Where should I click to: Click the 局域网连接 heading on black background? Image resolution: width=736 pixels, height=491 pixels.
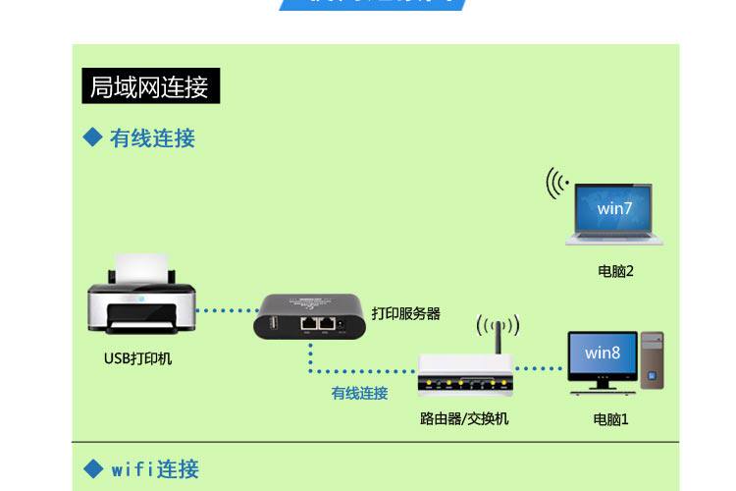pyautogui.click(x=150, y=86)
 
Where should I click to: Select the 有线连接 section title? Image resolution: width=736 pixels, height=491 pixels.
pyautogui.click(x=152, y=138)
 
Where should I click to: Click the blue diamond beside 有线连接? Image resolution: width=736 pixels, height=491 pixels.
pyautogui.click(x=93, y=137)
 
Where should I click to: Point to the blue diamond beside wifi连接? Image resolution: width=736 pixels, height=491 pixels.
pyautogui.click(x=93, y=468)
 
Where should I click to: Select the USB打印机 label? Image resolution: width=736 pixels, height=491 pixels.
pyautogui.click(x=138, y=358)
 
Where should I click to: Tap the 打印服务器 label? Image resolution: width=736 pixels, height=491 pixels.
pyautogui.click(x=405, y=314)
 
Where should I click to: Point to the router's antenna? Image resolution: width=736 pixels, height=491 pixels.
pyautogui.click(x=499, y=340)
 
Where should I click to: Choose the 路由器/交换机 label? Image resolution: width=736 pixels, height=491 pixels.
pyautogui.click(x=464, y=419)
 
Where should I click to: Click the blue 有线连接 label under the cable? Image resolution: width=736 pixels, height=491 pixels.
pyautogui.click(x=359, y=394)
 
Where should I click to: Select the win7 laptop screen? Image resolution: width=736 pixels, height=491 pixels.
pyautogui.click(x=614, y=208)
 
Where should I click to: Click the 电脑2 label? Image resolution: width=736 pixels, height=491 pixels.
pyautogui.click(x=615, y=271)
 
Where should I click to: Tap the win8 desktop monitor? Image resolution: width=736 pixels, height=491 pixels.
pyautogui.click(x=603, y=355)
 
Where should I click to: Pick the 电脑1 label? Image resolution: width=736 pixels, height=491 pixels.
pyautogui.click(x=610, y=419)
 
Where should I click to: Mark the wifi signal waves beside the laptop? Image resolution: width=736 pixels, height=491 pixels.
pyautogui.click(x=558, y=184)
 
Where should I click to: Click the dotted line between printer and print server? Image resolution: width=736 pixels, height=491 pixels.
pyautogui.click(x=226, y=310)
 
